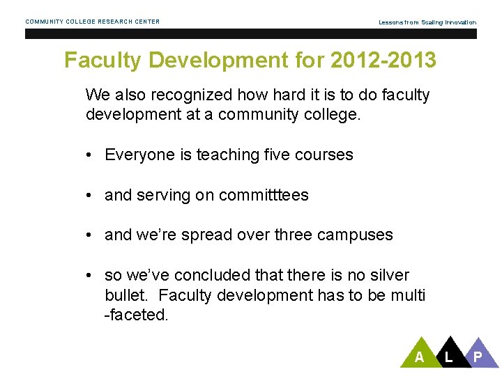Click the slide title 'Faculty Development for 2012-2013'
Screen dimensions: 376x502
250,61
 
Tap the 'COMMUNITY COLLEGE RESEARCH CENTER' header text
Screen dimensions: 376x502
93,22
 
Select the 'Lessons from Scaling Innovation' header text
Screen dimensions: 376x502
427,22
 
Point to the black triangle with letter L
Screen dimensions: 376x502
448,354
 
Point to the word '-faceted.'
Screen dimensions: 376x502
136,315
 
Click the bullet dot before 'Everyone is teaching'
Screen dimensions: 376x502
91,155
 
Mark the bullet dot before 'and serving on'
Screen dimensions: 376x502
91,196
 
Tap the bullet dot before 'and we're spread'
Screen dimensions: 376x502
91,235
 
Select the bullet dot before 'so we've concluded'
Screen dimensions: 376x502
91,276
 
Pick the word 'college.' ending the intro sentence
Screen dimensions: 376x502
331,115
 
